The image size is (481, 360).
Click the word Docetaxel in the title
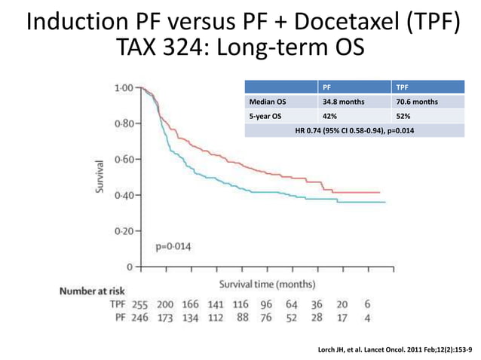(332, 23)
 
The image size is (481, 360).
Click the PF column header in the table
(327, 87)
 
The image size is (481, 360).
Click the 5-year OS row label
(266, 116)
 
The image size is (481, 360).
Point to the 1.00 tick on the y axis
(124, 87)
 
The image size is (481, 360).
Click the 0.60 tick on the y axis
(124, 159)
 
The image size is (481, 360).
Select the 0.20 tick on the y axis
(124, 230)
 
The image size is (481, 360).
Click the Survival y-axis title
(99, 176)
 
